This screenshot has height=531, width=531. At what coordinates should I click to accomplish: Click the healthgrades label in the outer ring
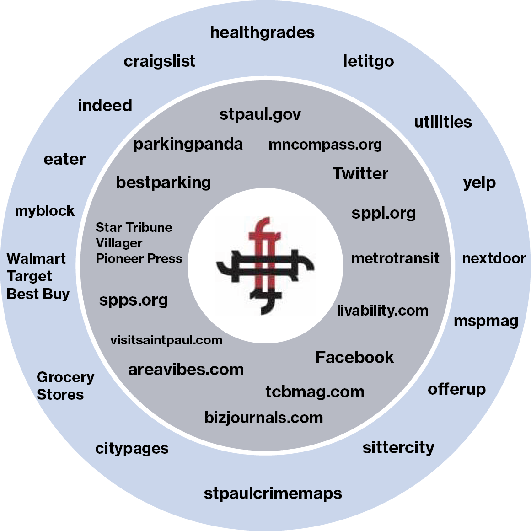(x=262, y=32)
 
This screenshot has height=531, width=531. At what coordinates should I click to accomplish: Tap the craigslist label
(x=159, y=61)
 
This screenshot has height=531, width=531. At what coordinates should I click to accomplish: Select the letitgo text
(x=368, y=61)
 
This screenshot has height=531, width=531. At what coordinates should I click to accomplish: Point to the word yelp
(x=479, y=182)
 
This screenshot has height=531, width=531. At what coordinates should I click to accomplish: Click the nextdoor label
(x=493, y=258)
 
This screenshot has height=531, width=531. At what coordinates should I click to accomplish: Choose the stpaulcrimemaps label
(x=273, y=493)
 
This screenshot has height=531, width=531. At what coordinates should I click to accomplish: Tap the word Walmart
(x=36, y=259)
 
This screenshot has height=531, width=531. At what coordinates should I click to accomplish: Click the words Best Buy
(x=38, y=294)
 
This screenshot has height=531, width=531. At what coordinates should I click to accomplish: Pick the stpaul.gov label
(x=260, y=114)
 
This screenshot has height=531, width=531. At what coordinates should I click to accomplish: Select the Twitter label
(x=360, y=174)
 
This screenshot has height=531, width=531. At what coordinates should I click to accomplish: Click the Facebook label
(x=354, y=357)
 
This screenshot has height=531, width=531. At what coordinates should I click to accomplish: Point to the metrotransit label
(x=395, y=258)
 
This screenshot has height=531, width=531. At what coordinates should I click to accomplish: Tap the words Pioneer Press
(x=139, y=259)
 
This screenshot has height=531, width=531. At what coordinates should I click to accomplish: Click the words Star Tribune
(x=134, y=227)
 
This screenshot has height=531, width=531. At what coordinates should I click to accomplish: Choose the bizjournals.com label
(x=263, y=418)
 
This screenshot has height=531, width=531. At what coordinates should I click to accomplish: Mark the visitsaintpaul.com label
(x=166, y=340)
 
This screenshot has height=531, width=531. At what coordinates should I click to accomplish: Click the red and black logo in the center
(x=265, y=266)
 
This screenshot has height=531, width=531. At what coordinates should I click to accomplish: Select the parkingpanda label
(x=188, y=145)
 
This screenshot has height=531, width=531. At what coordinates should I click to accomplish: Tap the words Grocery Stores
(x=65, y=386)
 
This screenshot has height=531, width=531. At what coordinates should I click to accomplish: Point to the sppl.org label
(x=383, y=213)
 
